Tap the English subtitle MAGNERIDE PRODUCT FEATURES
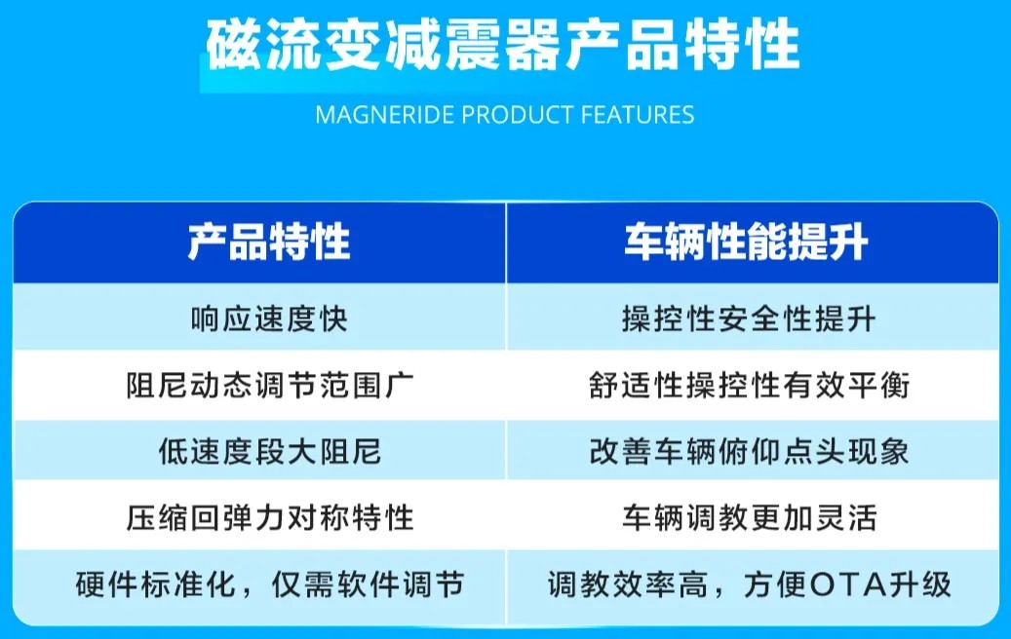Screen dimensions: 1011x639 click(x=505, y=115)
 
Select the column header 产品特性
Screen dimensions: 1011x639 click(x=269, y=243)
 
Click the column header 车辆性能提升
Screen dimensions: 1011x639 click(x=746, y=243)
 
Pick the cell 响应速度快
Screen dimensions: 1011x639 click(x=269, y=319)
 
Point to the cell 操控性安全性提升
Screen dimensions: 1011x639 click(x=749, y=319)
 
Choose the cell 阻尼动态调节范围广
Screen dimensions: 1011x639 click(x=269, y=385)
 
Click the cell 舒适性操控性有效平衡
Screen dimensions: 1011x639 click(x=749, y=385)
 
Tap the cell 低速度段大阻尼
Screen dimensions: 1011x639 click(x=269, y=452)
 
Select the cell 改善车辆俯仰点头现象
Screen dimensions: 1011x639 click(x=749, y=452)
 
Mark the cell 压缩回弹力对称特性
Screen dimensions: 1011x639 click(x=269, y=518)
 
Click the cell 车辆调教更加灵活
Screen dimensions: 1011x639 click(x=749, y=518)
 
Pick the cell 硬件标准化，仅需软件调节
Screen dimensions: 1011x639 click(x=269, y=584)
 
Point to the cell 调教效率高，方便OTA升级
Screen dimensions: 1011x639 click(x=749, y=584)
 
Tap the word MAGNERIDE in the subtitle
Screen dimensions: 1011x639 click(x=385, y=115)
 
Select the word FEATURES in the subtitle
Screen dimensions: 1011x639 click(x=638, y=115)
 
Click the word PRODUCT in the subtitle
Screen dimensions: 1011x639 click(x=518, y=115)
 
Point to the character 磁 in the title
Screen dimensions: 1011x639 click(x=233, y=45)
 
